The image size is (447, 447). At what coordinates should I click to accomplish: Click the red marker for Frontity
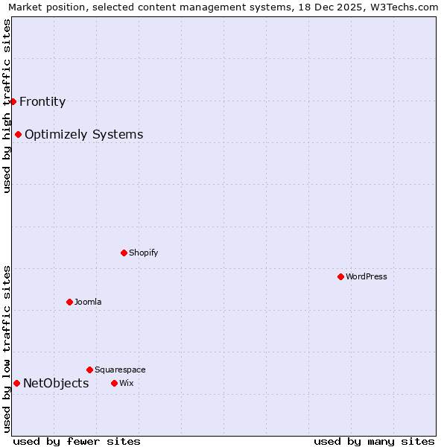pos(13,101)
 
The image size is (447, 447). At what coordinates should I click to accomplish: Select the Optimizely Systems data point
pos(18,135)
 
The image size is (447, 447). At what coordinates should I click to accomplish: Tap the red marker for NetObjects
pos(16,384)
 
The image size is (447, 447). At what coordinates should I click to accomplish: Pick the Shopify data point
pos(124,253)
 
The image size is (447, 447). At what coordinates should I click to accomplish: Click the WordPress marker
pos(340,276)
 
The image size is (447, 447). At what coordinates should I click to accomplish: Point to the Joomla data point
pos(69,302)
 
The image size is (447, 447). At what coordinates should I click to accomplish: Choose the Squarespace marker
pos(89,370)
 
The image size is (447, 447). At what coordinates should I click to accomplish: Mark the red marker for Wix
pos(114,383)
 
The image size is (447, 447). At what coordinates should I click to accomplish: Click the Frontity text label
pos(42,102)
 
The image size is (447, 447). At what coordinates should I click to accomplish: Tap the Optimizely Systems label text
pos(83,135)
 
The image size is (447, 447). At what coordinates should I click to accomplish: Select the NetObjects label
pos(56,384)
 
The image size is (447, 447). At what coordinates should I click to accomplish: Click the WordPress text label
pos(367,276)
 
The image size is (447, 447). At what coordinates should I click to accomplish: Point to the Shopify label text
pos(144,253)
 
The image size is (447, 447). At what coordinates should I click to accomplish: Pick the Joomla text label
pos(88,302)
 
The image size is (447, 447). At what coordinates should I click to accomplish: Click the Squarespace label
pos(120,370)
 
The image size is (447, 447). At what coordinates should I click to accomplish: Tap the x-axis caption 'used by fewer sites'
pos(77,441)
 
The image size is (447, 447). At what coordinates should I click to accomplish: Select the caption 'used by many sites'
pos(374,441)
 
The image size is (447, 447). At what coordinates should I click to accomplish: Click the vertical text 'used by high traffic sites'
pos(7,106)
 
